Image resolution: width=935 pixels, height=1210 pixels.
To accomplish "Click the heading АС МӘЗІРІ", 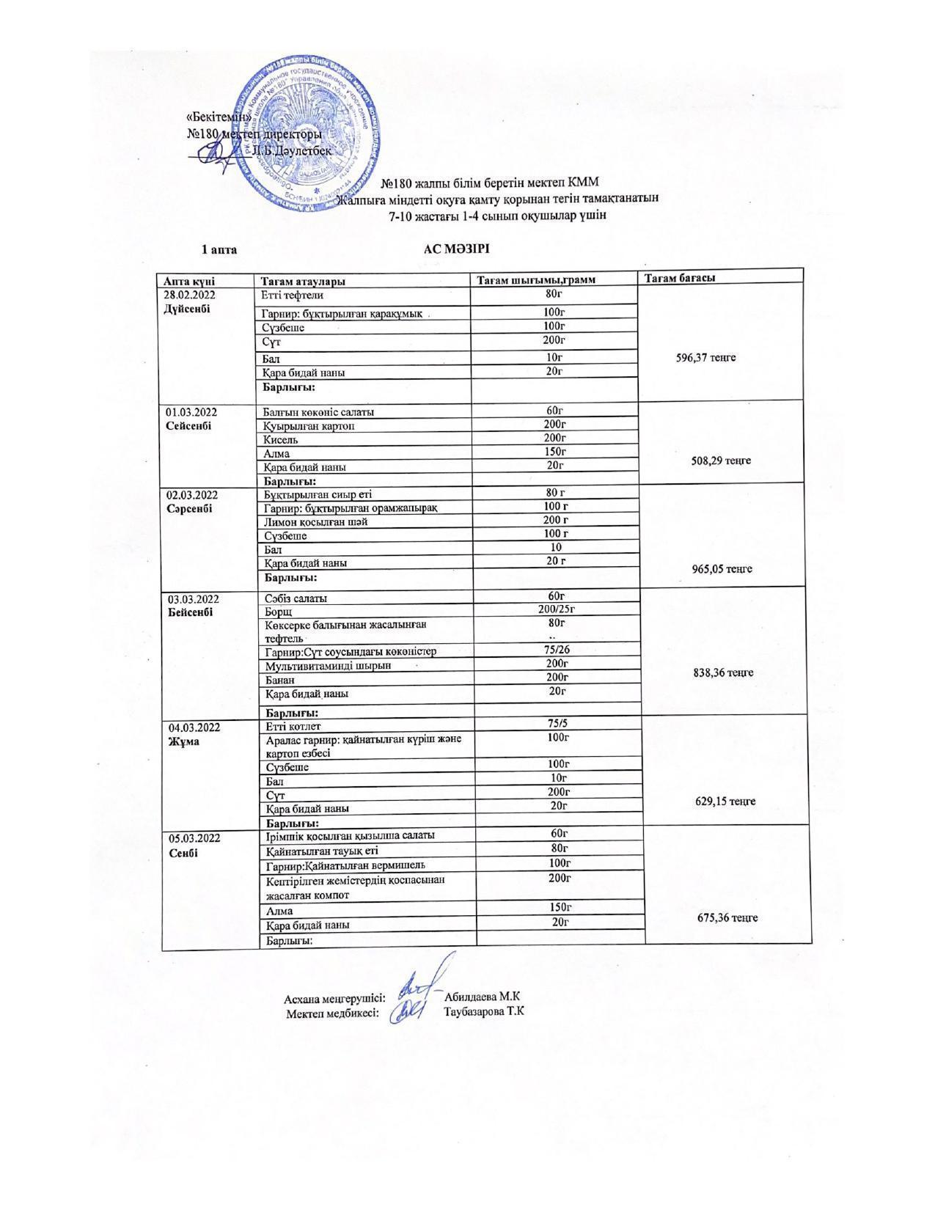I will pyautogui.click(x=456, y=249).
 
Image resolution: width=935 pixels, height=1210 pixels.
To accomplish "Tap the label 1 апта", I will pyautogui.click(x=219, y=250).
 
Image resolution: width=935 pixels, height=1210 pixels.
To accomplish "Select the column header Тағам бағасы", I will pyautogui.click(x=680, y=277).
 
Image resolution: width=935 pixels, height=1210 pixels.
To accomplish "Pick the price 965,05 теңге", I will pyautogui.click(x=722, y=569).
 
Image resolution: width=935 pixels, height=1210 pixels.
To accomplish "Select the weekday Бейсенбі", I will pyautogui.click(x=191, y=613).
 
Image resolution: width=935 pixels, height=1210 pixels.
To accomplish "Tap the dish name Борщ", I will pyautogui.click(x=279, y=612).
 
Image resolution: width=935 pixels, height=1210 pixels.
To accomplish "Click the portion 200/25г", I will pyautogui.click(x=555, y=609).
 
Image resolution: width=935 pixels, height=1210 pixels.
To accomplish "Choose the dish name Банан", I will pyautogui.click(x=280, y=680).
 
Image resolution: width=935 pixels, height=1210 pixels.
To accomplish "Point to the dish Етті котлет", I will pyautogui.click(x=293, y=727).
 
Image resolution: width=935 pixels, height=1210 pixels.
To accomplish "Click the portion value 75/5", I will pyautogui.click(x=557, y=723).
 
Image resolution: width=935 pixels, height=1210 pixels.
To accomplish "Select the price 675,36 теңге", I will pyautogui.click(x=725, y=917).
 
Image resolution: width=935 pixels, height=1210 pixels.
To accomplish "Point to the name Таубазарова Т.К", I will pyautogui.click(x=483, y=1011).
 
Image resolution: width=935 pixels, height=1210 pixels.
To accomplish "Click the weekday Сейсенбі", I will pyautogui.click(x=188, y=426).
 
